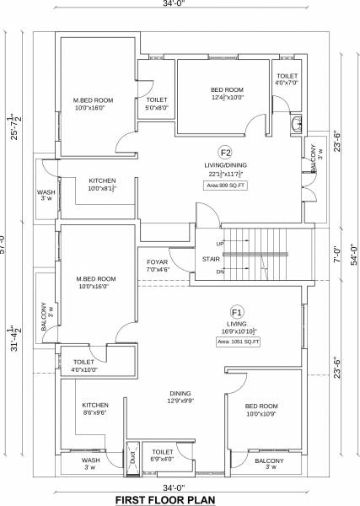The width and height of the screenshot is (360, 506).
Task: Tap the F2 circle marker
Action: point(225,152)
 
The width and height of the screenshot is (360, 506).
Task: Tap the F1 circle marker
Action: point(236,312)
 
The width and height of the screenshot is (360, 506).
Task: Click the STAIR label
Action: point(210,260)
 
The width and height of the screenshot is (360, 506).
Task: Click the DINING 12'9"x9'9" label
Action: point(180,397)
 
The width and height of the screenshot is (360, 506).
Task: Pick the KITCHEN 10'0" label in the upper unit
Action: point(102,185)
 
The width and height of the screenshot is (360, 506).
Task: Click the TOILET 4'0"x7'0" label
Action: point(287,80)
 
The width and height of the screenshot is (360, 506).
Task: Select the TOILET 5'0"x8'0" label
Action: point(157,104)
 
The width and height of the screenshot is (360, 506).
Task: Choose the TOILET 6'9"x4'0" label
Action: point(163,455)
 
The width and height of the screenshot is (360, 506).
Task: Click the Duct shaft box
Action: point(132,456)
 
